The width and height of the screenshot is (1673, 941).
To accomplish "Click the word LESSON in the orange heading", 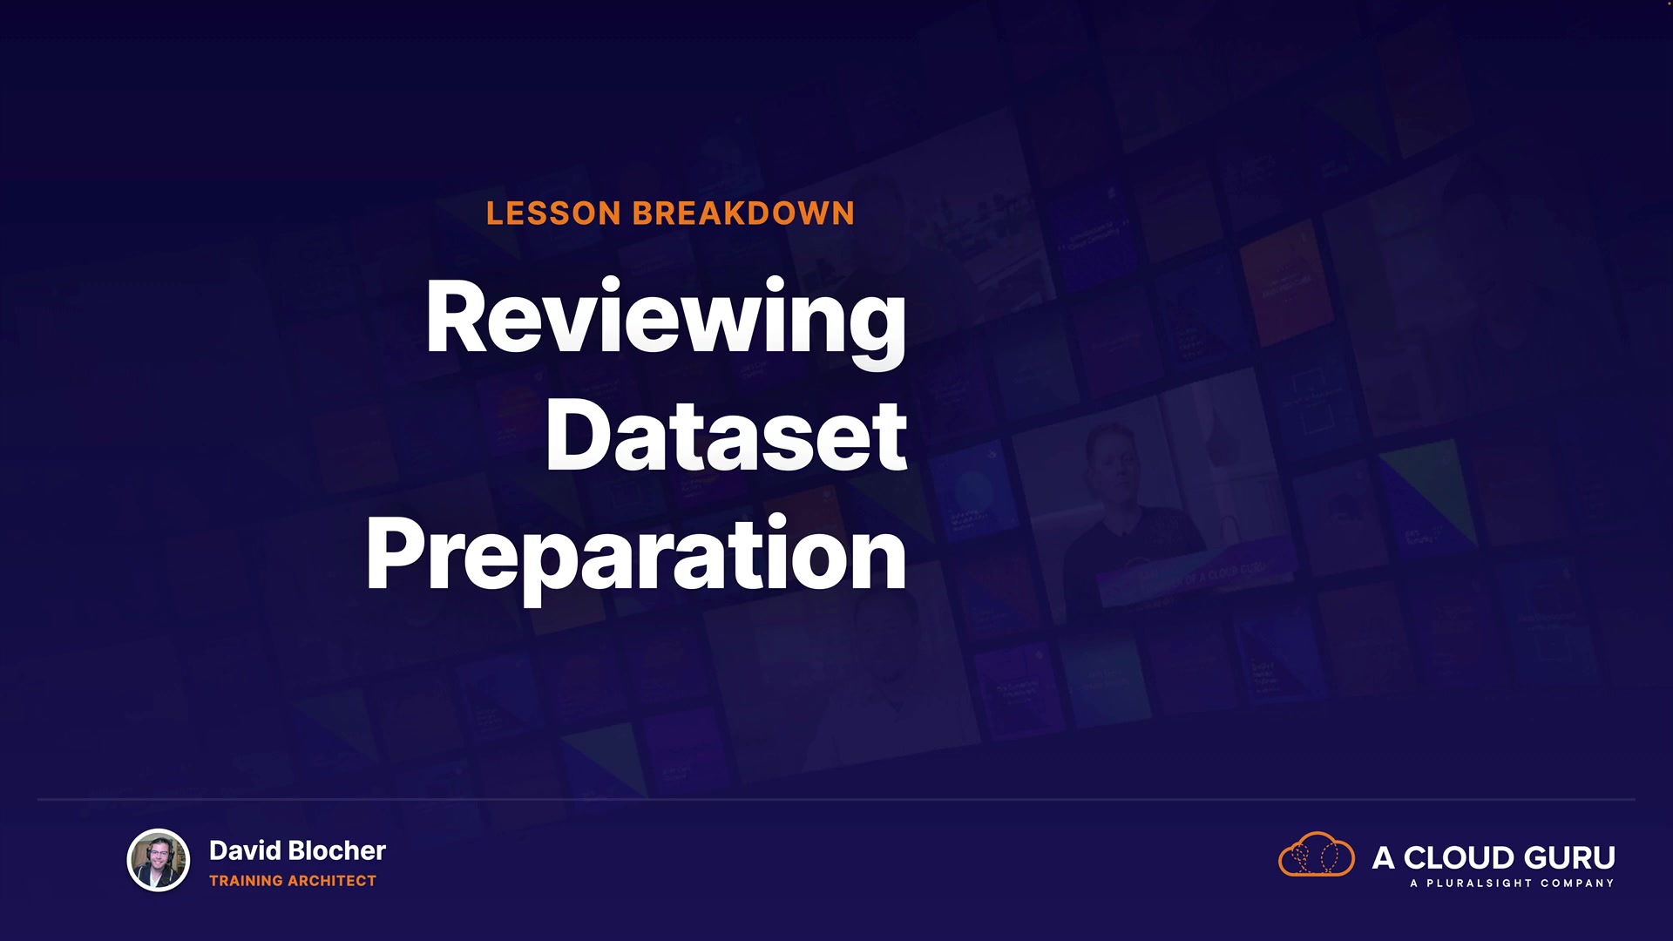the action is point(553,213).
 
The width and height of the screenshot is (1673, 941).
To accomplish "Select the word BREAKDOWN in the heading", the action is point(743,213).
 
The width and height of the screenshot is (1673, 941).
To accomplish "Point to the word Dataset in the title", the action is point(727,436).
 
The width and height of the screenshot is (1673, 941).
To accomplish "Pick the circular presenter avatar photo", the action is point(159,861).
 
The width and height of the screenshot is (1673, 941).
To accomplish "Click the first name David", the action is point(245,850).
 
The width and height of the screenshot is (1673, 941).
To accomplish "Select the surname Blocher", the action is point(336,850).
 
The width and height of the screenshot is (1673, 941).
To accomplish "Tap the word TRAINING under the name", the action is point(247,881).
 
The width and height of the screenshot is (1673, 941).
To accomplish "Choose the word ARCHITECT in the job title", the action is point(332,881).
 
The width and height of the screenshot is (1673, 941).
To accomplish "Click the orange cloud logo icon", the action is point(1317,854).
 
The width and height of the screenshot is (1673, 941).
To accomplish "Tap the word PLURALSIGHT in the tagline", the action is point(1480,883).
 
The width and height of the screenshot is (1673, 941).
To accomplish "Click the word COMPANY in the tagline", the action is point(1577,883).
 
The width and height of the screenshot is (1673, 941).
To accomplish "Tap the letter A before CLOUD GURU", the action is point(1384,858).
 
